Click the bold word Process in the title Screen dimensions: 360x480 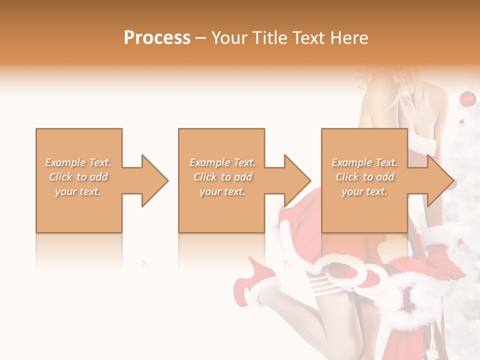click(157, 38)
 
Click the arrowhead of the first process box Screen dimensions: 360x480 click(155, 180)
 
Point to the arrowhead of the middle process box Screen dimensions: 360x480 click(297, 180)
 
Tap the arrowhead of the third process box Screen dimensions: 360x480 click(440, 180)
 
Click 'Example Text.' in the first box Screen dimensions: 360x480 click(78, 162)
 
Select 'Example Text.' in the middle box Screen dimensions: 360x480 click(222, 162)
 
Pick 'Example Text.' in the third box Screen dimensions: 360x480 click(364, 162)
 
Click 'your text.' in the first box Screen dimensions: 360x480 click(78, 191)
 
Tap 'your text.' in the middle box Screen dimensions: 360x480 click(222, 191)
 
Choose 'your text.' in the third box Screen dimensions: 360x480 click(364, 191)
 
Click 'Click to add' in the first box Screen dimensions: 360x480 click(78, 177)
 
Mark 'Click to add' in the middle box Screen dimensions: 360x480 click(222, 177)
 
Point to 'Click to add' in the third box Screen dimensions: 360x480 click(364, 177)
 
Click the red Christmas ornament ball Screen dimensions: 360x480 click(466, 98)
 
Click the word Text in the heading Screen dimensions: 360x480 click(306, 38)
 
